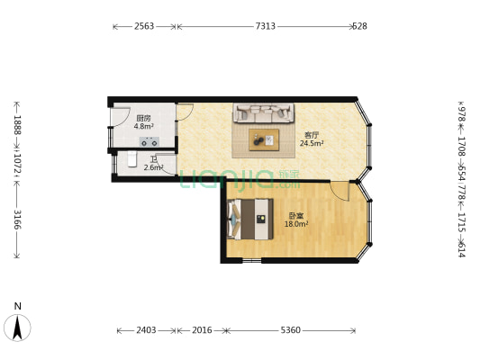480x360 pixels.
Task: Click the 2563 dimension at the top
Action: [144, 26]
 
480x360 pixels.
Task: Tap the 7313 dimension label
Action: [266, 26]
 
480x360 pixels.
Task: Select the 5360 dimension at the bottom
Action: [291, 330]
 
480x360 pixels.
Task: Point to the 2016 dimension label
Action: [202, 330]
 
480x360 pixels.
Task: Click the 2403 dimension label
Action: [146, 330]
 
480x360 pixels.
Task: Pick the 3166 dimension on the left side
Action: [17, 220]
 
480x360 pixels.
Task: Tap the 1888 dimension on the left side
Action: [17, 125]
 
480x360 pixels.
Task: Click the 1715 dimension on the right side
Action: [462, 222]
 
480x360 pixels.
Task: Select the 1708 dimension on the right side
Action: [462, 146]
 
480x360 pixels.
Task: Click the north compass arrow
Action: [17, 328]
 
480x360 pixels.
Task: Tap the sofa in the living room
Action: [264, 112]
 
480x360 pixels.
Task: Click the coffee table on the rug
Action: [264, 139]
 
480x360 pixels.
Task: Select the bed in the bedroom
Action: [250, 219]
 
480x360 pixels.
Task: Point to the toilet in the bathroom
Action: [132, 159]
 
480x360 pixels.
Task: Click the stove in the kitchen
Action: [149, 141]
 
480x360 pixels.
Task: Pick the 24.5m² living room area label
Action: [312, 143]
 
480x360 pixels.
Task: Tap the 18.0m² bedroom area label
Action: [296, 224]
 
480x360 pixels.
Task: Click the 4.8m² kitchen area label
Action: [143, 126]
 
